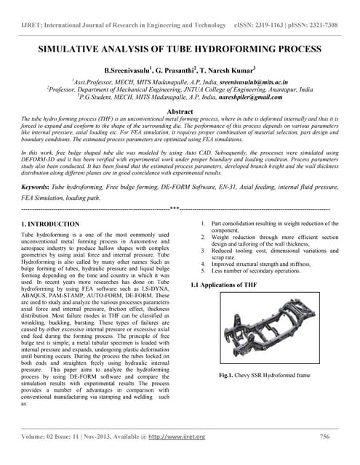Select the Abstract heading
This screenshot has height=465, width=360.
point(180,111)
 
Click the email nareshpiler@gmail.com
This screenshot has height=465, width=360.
point(244,97)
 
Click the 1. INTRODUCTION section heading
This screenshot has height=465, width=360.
point(51,224)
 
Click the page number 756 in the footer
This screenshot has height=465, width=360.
point(325,437)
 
